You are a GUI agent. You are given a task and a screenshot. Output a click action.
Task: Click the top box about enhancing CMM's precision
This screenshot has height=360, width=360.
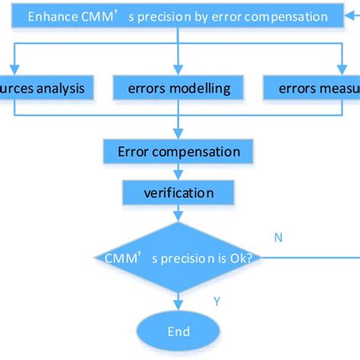tap(177, 16)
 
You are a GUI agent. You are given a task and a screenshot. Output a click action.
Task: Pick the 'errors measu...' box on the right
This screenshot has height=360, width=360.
tap(311, 89)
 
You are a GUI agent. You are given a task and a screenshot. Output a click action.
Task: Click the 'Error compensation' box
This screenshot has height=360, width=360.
tap(179, 153)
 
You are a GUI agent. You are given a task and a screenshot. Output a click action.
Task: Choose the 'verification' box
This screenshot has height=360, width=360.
tap(179, 193)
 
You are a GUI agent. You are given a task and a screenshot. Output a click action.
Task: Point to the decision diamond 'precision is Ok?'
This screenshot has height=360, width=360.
tap(179, 258)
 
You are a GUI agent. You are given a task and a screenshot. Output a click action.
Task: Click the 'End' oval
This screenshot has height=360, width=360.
tap(179, 331)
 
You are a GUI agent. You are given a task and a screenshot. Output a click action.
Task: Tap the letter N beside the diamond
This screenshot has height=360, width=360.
tap(278, 238)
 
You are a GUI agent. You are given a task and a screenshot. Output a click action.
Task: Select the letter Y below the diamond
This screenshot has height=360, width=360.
tap(216, 302)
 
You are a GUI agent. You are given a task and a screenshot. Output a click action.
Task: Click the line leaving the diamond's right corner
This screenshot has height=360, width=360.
tap(311, 257)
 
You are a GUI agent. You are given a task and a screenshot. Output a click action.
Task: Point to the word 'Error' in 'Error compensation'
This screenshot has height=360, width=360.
tap(134, 153)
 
